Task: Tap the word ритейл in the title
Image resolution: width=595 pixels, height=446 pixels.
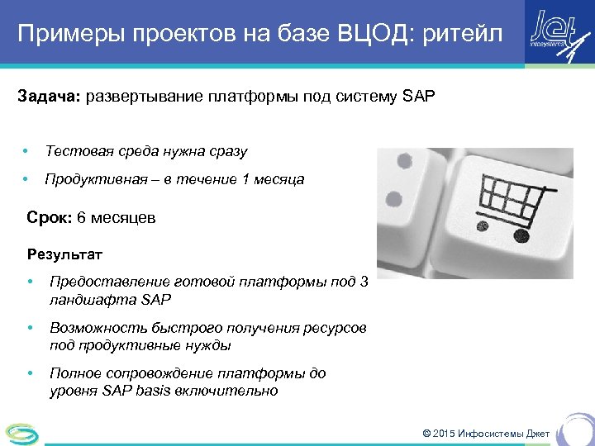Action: [x=464, y=35]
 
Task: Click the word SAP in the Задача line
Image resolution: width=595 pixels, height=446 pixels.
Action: [x=418, y=97]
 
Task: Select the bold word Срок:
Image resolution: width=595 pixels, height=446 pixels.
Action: [x=49, y=218]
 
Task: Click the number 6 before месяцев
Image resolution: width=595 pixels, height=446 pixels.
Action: [x=81, y=218]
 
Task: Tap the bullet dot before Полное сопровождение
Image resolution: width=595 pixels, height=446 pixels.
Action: [x=31, y=373]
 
